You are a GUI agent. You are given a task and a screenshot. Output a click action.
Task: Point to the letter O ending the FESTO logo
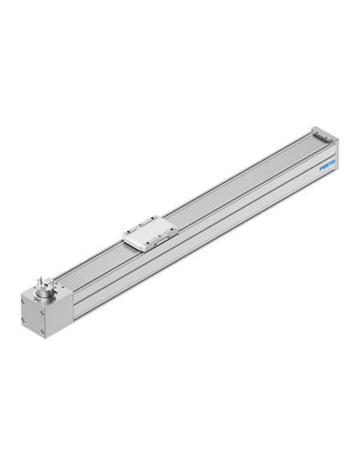(333, 161)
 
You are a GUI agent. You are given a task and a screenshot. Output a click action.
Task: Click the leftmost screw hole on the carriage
(129, 232)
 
